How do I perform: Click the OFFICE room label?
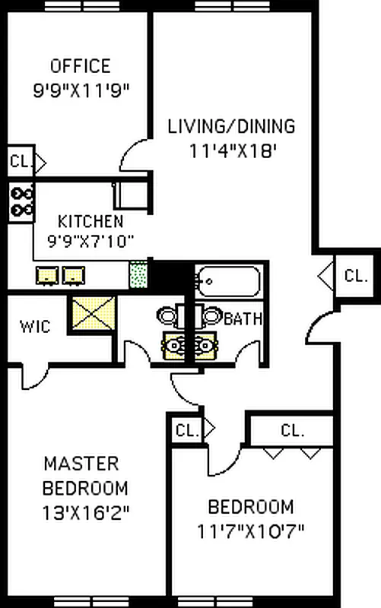[80, 66]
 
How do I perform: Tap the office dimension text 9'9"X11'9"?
[81, 90]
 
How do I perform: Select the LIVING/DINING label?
[231, 126]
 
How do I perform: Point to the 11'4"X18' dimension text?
[232, 150]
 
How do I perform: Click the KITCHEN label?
[90, 222]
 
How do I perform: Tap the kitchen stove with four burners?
[21, 201]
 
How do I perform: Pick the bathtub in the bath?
[228, 282]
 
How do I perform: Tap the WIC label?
[36, 327]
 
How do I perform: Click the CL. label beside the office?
[18, 162]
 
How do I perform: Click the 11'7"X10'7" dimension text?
[251, 530]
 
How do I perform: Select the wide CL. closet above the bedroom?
[292, 430]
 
